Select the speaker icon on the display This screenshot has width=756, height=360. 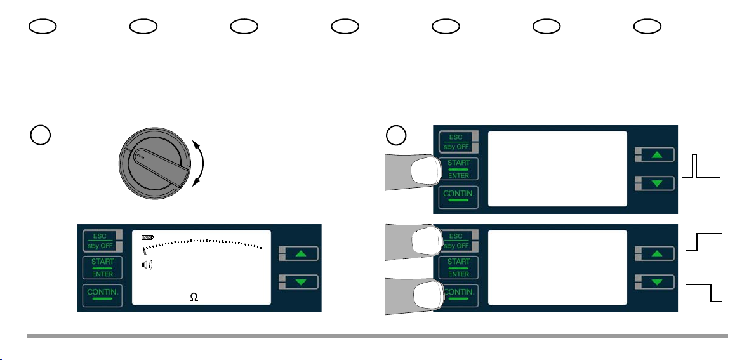tap(147, 265)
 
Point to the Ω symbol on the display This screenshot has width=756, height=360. tap(194, 298)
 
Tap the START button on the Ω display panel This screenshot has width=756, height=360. tap(102, 268)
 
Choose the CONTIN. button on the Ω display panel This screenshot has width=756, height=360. tap(102, 295)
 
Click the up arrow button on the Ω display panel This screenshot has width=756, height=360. tap(300, 253)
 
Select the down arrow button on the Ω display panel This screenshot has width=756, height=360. tap(300, 282)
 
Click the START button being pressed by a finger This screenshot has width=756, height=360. tap(458, 169)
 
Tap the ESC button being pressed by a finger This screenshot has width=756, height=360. tap(458, 241)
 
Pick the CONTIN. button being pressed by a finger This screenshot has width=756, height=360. tap(458, 295)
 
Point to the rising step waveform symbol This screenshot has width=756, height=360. tap(705, 242)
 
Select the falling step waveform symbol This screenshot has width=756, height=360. tap(705, 293)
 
